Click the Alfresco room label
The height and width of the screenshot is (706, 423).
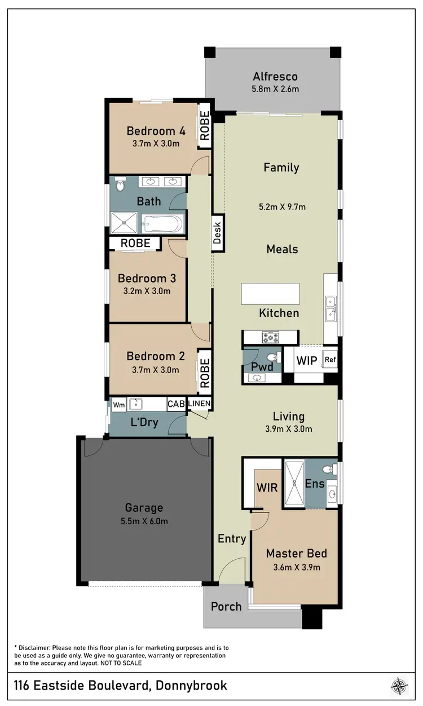coord(275,77)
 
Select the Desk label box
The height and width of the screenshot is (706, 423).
coord(218,233)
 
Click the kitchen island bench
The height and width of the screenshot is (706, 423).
coord(270,294)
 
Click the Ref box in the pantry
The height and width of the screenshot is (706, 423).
coord(329,359)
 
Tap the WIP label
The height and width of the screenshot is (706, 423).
coord(307,359)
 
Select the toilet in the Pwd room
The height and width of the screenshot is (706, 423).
coord(271,357)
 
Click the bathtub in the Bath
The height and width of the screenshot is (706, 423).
coord(162,224)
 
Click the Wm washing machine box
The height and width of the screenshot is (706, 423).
coord(118,405)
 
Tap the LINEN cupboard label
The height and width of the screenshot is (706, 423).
coord(199,404)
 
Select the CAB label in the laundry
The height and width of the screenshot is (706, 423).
coord(175,405)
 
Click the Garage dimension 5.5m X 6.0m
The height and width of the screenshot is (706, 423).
coord(144,521)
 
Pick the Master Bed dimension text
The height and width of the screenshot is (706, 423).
coord(296,567)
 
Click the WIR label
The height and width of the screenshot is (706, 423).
coord(267,487)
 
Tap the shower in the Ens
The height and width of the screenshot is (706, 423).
coord(294,484)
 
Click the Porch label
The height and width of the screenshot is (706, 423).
coord(226,607)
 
